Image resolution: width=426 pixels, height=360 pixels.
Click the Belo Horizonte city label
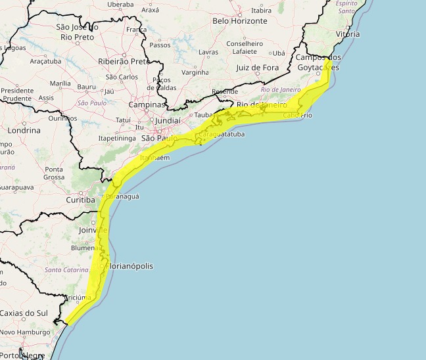click(x=240, y=21)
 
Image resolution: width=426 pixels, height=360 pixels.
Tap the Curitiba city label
click(x=81, y=200)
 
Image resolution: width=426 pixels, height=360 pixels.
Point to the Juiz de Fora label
click(x=257, y=68)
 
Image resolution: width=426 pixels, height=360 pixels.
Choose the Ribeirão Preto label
click(x=123, y=61)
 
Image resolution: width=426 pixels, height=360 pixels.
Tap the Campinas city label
click(x=147, y=104)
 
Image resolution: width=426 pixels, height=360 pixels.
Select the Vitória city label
click(x=347, y=32)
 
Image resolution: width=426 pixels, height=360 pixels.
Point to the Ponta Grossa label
click(x=54, y=173)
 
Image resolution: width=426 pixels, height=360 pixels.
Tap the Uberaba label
click(x=120, y=4)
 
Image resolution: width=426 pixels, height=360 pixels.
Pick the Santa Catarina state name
click(x=66, y=270)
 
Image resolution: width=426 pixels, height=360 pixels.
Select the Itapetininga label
click(x=118, y=139)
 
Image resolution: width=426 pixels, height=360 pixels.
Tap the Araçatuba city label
click(x=45, y=61)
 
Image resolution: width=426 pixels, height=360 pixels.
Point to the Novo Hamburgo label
click(x=25, y=333)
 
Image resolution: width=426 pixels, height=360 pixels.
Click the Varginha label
click(x=195, y=72)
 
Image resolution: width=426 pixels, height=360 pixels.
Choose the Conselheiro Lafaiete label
click(x=245, y=48)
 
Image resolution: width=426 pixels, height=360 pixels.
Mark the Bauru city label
click(x=86, y=87)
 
